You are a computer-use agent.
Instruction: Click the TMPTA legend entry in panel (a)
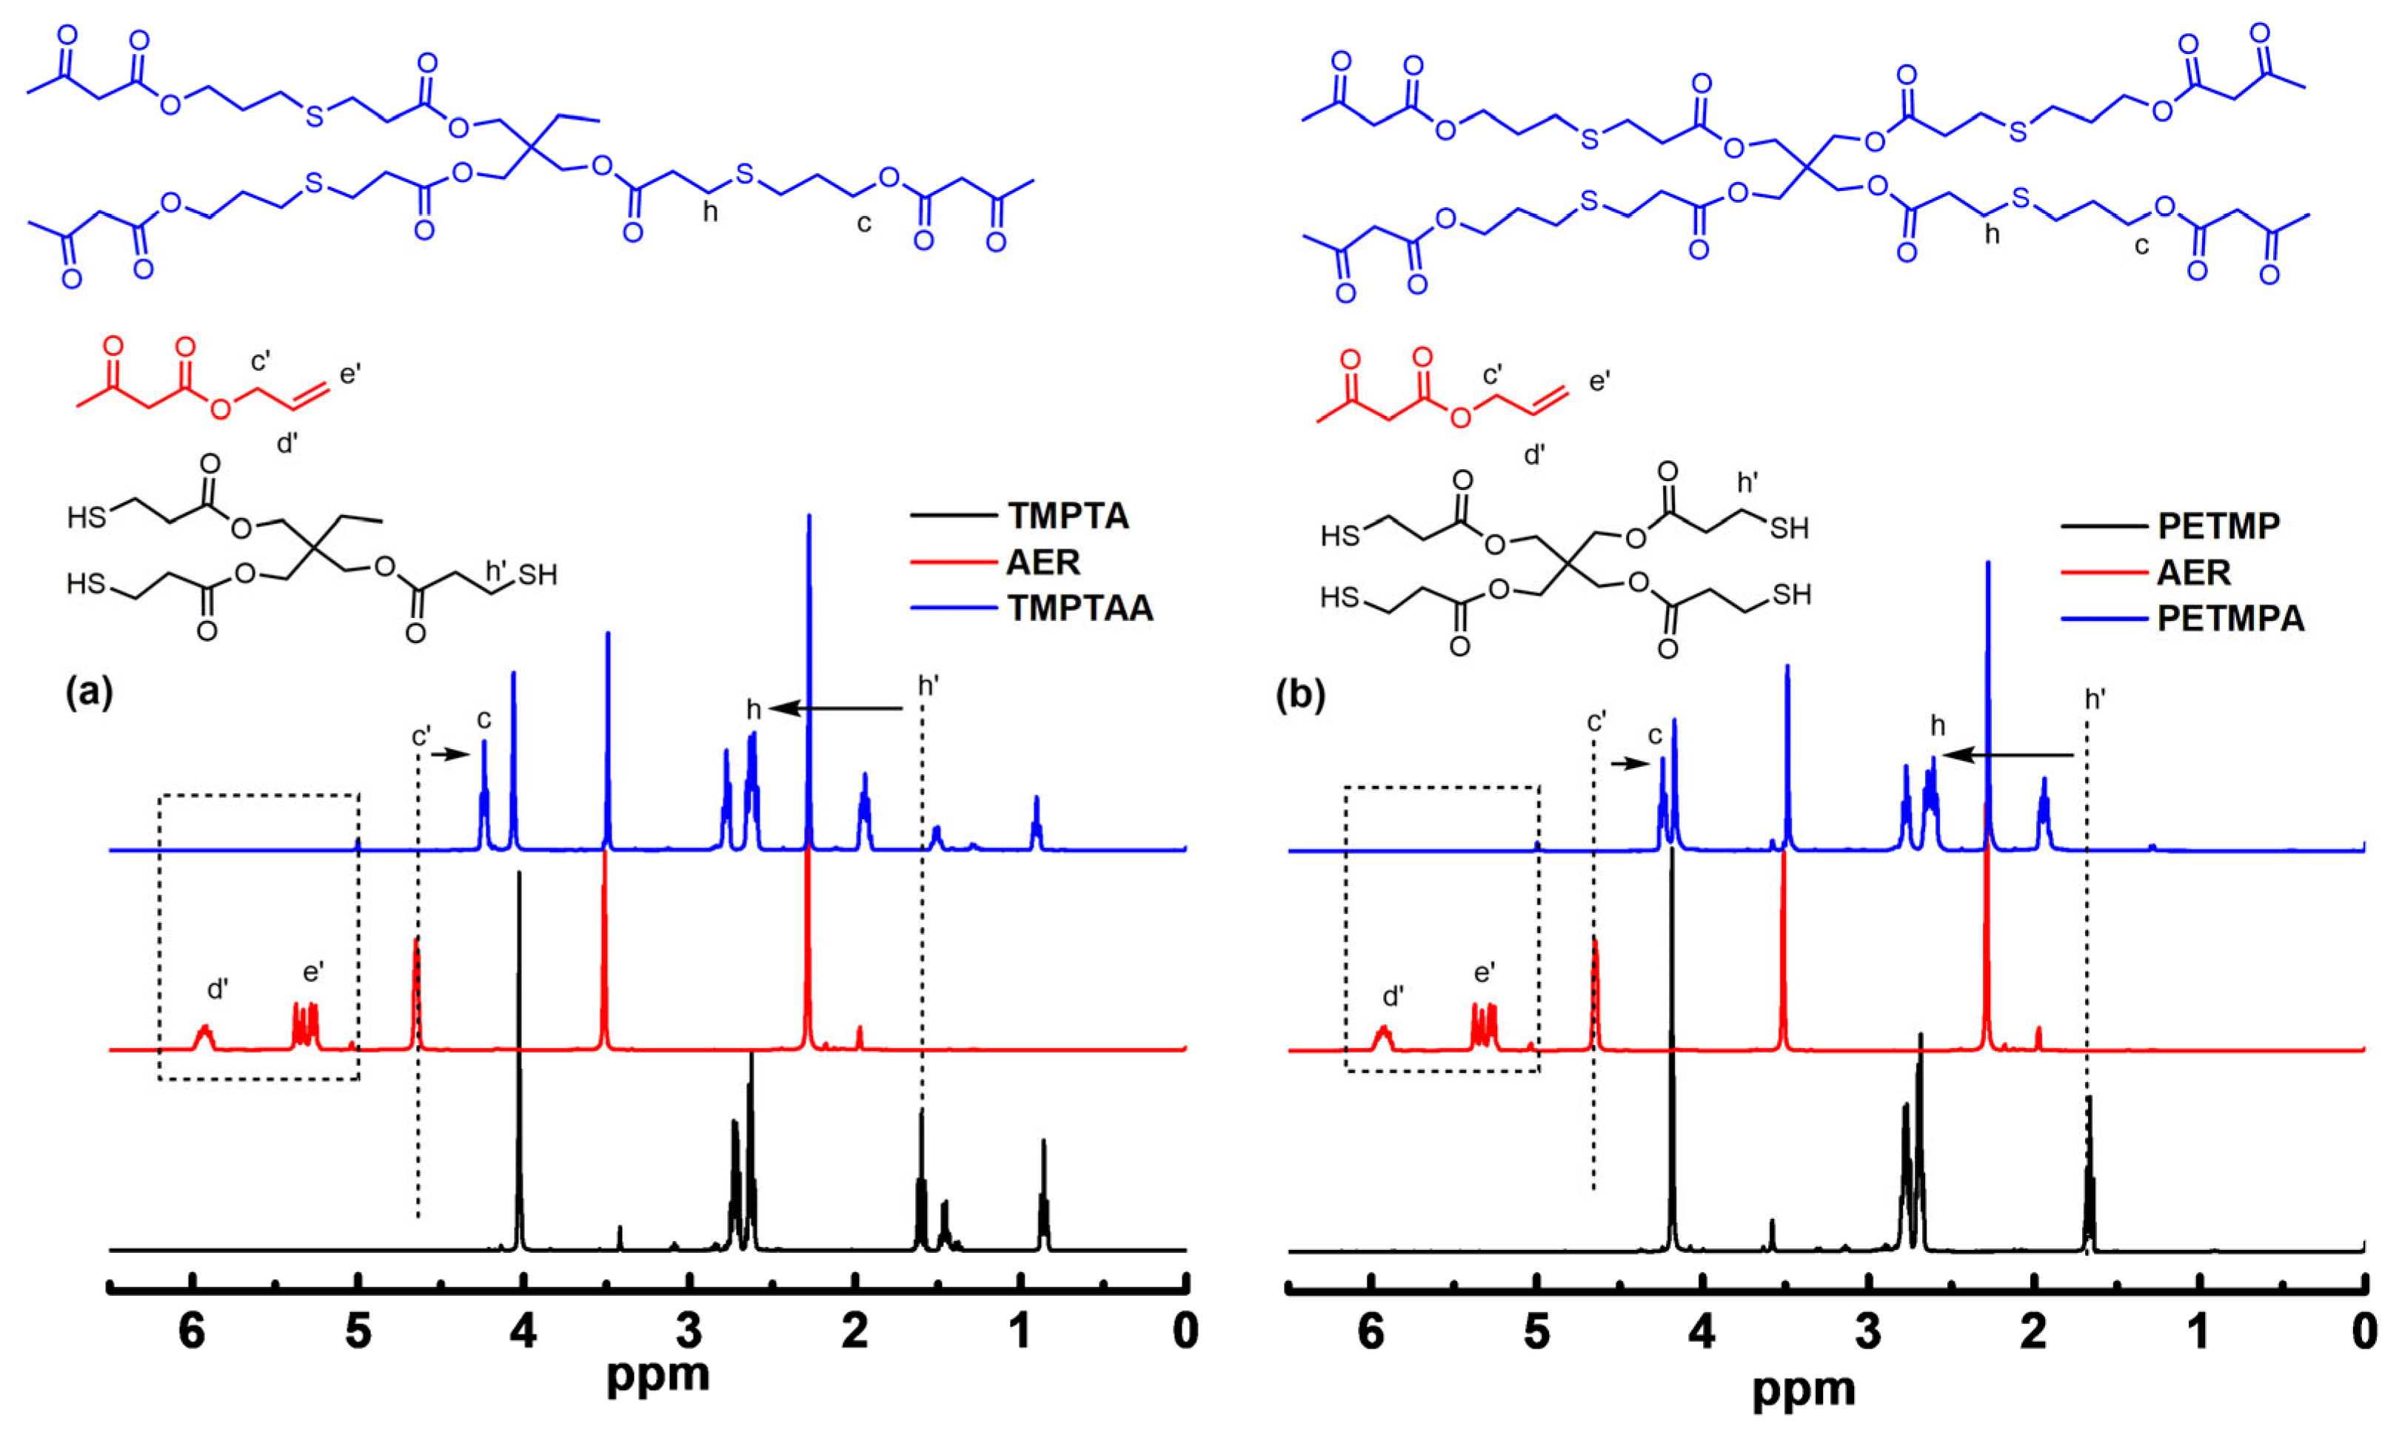pos(1067,517)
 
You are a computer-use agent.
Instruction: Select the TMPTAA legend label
pos(1080,608)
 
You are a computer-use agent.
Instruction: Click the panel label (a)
pos(89,693)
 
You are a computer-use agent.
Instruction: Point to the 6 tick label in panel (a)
pos(193,1331)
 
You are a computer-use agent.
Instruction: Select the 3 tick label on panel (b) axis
pos(1868,1331)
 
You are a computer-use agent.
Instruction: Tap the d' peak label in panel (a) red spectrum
pos(218,989)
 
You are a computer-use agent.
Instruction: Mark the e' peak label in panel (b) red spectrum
pos(1485,972)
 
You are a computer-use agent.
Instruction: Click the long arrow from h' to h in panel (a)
pos(837,709)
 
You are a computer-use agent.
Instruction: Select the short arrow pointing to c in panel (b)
pos(1631,764)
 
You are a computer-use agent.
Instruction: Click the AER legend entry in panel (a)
pos(1043,562)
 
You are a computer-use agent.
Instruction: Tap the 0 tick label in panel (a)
pos(1185,1331)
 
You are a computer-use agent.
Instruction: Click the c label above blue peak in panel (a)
pos(484,719)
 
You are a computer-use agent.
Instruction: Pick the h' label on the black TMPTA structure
pos(496,571)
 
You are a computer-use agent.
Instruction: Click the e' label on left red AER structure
pos(350,373)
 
